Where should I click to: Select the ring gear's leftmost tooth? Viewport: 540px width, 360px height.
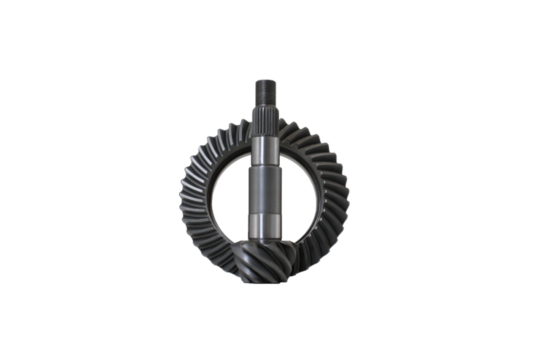point(182,198)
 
